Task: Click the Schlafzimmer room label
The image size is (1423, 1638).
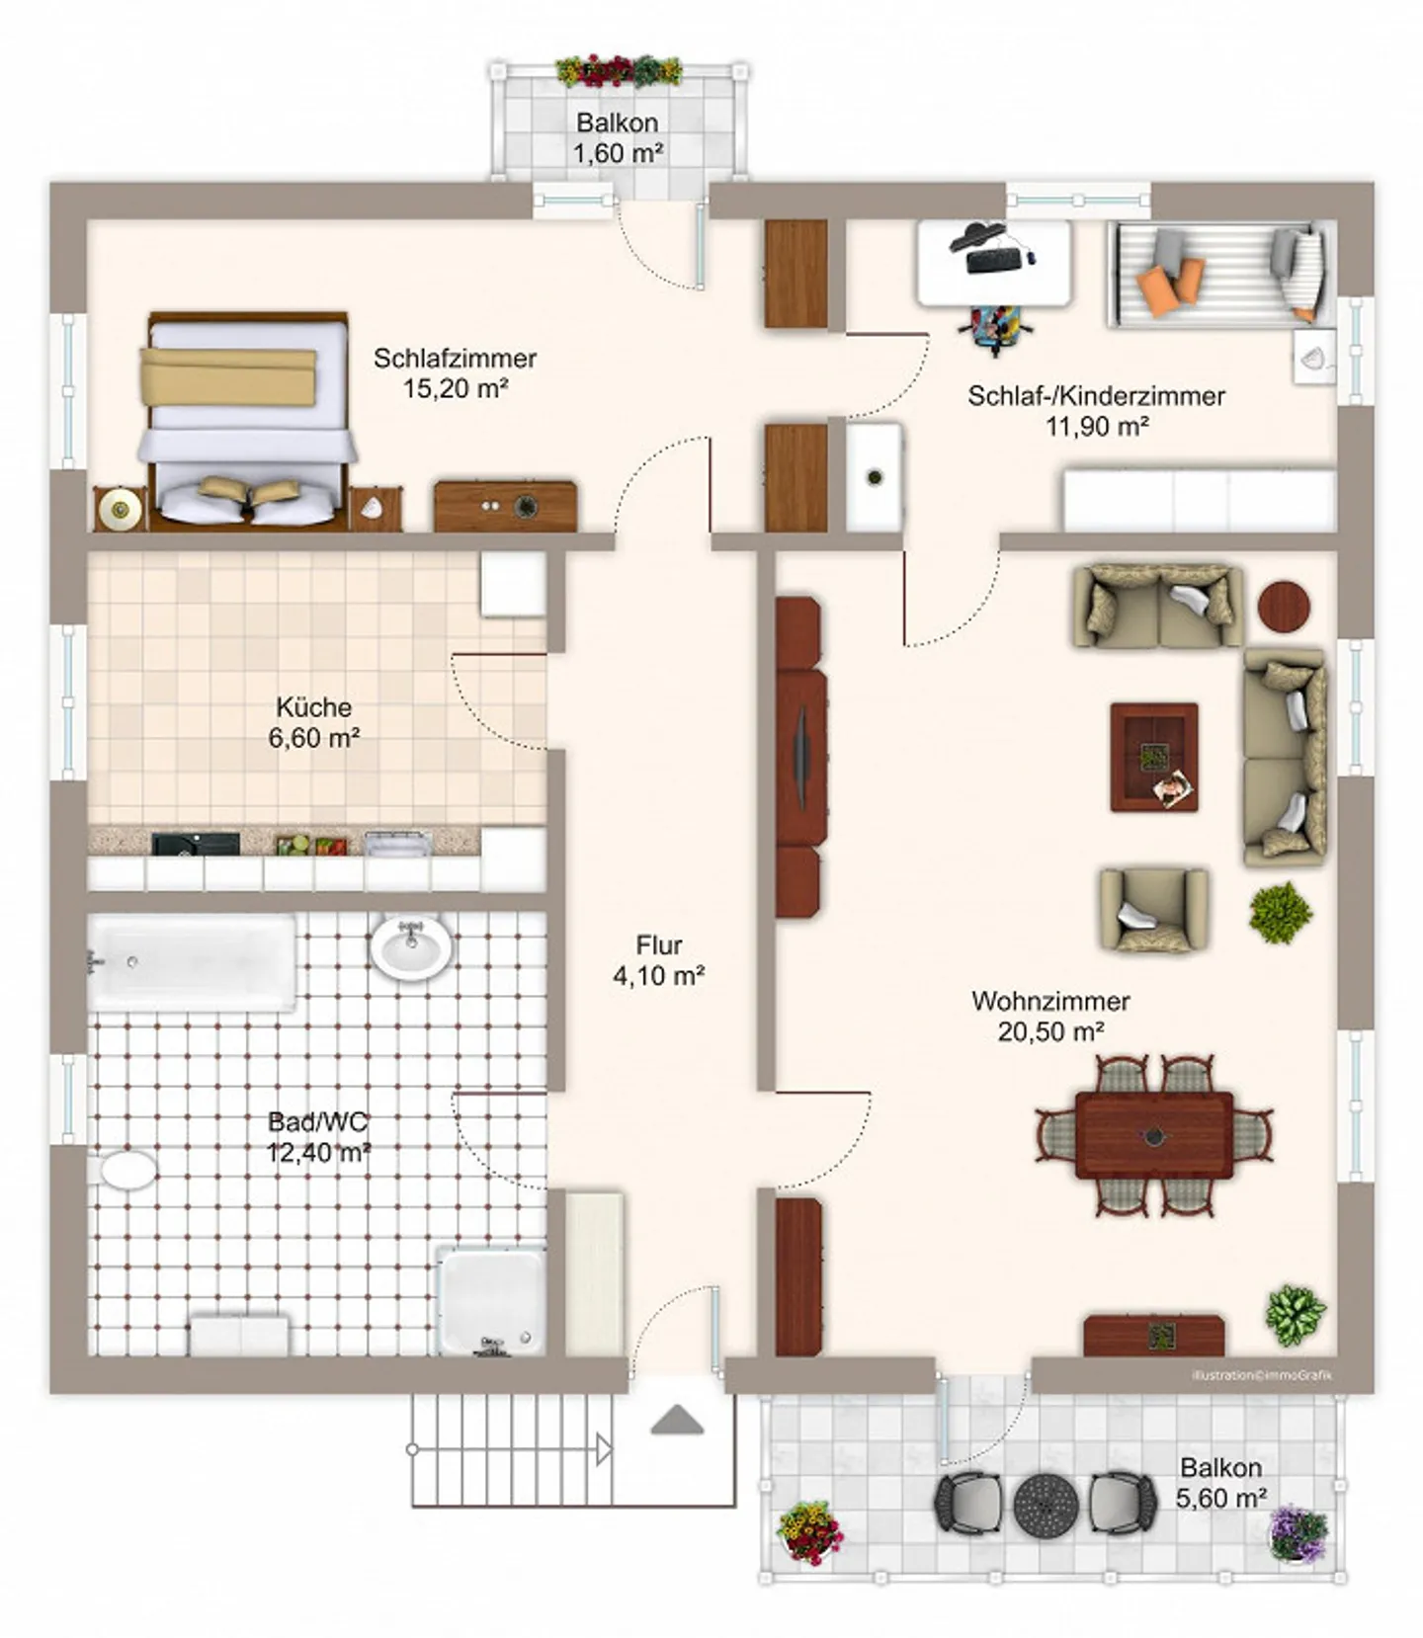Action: coord(455,358)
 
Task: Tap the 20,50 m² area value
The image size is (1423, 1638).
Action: coord(1050,1031)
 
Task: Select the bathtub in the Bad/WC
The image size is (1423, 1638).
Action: coord(192,962)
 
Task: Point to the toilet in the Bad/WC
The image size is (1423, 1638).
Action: coord(128,1170)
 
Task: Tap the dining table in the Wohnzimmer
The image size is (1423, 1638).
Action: coord(1153,1135)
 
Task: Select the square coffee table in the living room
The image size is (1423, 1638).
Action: coord(1153,757)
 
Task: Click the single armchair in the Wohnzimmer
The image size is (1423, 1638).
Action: coord(1152,909)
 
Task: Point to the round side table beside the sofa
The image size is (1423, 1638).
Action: coord(1284,607)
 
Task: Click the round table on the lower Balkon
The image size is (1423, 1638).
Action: coord(1046,1503)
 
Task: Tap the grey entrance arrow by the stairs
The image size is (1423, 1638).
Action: coord(678,1421)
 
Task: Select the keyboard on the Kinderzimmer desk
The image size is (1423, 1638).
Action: coord(994,260)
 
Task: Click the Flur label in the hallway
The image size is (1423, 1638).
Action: coord(659,944)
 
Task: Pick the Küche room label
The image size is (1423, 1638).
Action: coord(313,707)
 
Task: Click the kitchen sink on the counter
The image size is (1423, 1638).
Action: coord(397,844)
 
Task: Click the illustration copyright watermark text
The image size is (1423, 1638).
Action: coord(1261,1374)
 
